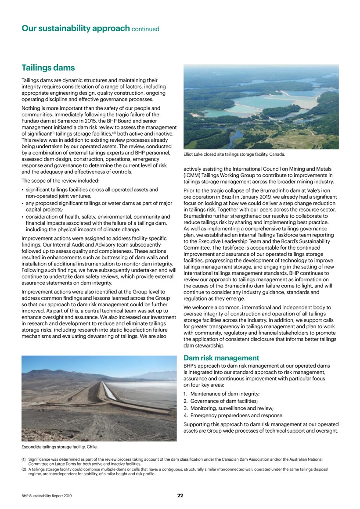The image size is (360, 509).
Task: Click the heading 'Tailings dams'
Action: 48,68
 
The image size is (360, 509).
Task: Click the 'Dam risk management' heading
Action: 221,358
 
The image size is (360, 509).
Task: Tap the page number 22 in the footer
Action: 180,495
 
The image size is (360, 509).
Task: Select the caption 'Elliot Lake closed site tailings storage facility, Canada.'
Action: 235,154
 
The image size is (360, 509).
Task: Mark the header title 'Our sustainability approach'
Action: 75,29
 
